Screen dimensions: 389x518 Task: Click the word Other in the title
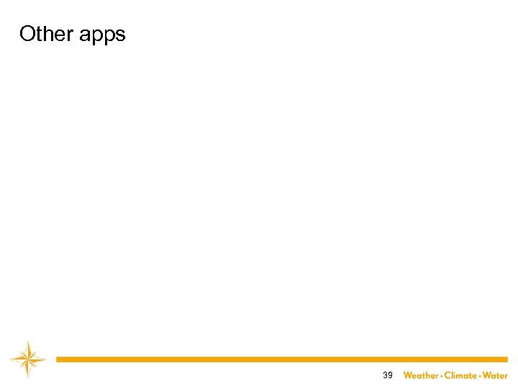[45, 34]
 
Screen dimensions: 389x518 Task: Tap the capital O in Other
[27, 34]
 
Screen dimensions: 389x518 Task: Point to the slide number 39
[388, 375]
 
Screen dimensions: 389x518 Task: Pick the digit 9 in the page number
[390, 375]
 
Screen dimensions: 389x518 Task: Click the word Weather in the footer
[421, 375]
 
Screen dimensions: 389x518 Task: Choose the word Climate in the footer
[460, 375]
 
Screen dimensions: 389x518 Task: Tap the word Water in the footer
[495, 375]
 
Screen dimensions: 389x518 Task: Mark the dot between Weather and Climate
[441, 375]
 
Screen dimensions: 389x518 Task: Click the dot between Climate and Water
[480, 375]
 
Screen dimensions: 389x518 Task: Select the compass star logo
[28, 359]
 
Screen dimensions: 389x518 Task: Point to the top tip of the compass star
[28, 341]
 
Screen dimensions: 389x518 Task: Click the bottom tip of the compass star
[28, 377]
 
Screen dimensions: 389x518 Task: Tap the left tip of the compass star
[11, 359]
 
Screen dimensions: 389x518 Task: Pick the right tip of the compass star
[45, 359]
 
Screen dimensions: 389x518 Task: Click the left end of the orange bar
[58, 359]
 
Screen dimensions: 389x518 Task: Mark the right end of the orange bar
[506, 359]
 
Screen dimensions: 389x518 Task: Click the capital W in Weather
[408, 375]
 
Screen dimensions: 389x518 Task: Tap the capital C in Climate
[447, 375]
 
